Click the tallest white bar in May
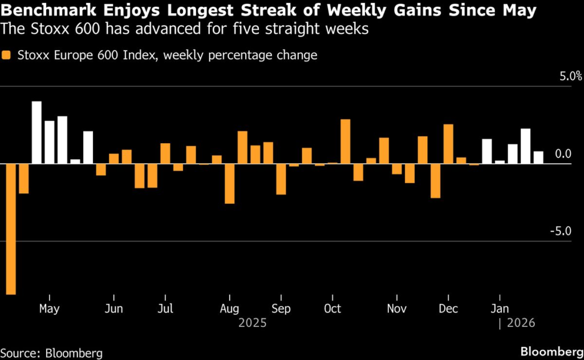click(36, 132)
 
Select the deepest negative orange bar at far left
click(11, 229)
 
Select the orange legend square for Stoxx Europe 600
click(6, 55)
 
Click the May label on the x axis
click(50, 309)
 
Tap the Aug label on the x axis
click(229, 309)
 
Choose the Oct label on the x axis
click(332, 309)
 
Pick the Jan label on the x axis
click(500, 309)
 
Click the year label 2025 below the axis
click(252, 323)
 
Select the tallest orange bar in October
click(345, 141)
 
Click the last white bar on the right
click(538, 157)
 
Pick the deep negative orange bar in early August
click(229, 184)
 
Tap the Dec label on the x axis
click(448, 309)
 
